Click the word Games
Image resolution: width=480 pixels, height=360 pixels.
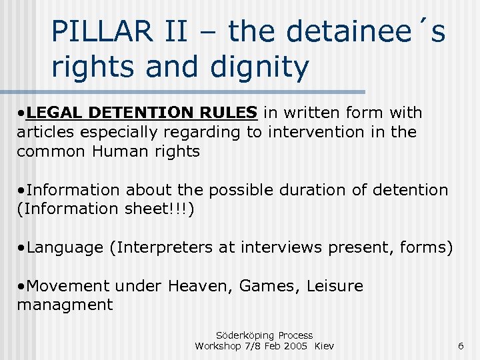pos(269,286)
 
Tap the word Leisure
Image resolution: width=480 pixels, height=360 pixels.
pos(335,286)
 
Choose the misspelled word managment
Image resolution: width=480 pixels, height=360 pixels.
pos(65,305)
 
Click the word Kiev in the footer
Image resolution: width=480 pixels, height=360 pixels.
pos(324,345)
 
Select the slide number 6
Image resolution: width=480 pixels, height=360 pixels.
pos(460,345)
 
